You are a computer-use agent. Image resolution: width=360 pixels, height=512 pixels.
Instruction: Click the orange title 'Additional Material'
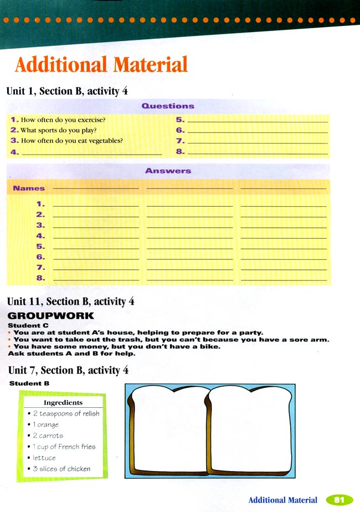click(101, 64)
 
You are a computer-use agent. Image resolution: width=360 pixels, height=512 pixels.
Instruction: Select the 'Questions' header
click(168, 106)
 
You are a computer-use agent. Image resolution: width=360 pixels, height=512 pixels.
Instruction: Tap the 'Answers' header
click(168, 171)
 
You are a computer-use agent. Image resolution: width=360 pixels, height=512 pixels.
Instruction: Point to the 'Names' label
click(29, 188)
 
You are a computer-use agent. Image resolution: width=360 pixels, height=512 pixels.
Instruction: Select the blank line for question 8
click(258, 151)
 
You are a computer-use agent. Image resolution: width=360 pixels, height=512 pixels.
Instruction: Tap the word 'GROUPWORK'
click(50, 316)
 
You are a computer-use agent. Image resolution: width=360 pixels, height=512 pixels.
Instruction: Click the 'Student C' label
click(24, 325)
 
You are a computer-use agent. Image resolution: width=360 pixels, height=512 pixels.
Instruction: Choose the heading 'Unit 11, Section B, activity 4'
click(70, 301)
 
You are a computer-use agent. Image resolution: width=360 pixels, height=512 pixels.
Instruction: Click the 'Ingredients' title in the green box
click(63, 403)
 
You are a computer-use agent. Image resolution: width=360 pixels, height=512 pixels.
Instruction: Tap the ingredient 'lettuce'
click(44, 458)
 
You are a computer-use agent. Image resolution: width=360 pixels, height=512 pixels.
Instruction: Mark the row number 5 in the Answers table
click(40, 247)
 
